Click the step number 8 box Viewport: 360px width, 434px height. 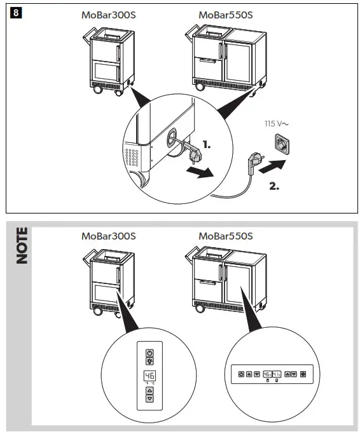(15, 13)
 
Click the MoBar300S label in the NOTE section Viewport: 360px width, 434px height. (108, 236)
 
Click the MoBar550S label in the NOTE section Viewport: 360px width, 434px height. (225, 236)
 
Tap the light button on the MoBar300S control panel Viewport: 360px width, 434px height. (149, 360)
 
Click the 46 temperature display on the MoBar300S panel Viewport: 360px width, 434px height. (149, 376)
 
